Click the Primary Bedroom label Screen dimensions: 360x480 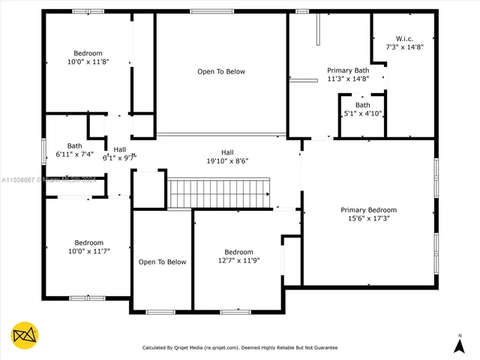368,210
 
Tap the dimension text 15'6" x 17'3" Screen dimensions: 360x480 368,219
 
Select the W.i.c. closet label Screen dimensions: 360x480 404,38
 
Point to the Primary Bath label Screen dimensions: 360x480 348,70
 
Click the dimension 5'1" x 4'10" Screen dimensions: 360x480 363,114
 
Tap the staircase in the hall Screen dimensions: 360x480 217,193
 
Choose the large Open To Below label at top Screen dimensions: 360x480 221,72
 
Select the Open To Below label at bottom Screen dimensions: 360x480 162,262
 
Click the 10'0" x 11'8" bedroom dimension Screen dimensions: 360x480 88,61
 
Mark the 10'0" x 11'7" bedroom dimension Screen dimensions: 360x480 88,251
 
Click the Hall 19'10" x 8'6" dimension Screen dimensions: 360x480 226,160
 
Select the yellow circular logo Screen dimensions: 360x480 25,334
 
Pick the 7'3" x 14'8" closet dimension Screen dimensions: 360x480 404,47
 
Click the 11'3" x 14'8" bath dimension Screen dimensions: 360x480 348,79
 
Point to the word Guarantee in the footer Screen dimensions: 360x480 322,348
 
